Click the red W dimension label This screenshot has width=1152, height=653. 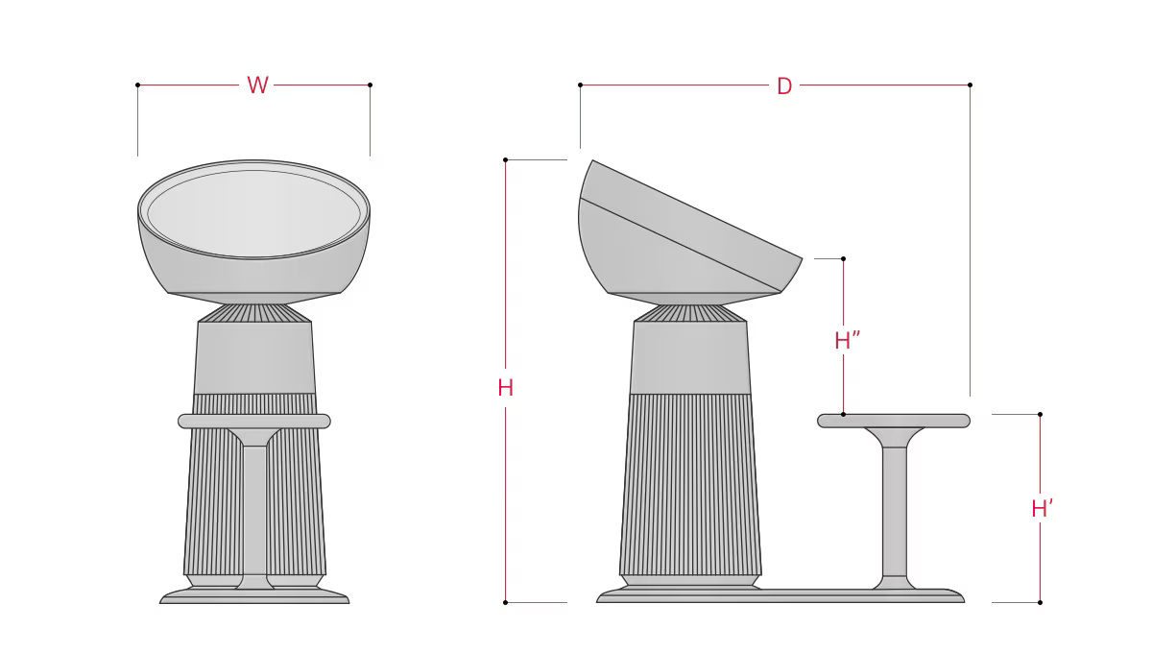click(x=257, y=85)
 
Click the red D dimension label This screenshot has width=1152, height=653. click(x=784, y=85)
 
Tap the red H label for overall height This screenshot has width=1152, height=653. click(x=506, y=387)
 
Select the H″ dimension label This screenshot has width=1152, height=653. click(x=847, y=340)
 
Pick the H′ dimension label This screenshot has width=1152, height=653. click(x=1043, y=508)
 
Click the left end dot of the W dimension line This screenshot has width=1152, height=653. click(x=138, y=85)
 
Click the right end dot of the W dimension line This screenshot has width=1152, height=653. click(x=370, y=85)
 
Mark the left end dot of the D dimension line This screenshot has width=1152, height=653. click(x=580, y=85)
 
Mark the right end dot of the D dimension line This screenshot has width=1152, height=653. click(x=970, y=85)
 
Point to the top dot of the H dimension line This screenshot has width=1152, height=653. click(x=506, y=160)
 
